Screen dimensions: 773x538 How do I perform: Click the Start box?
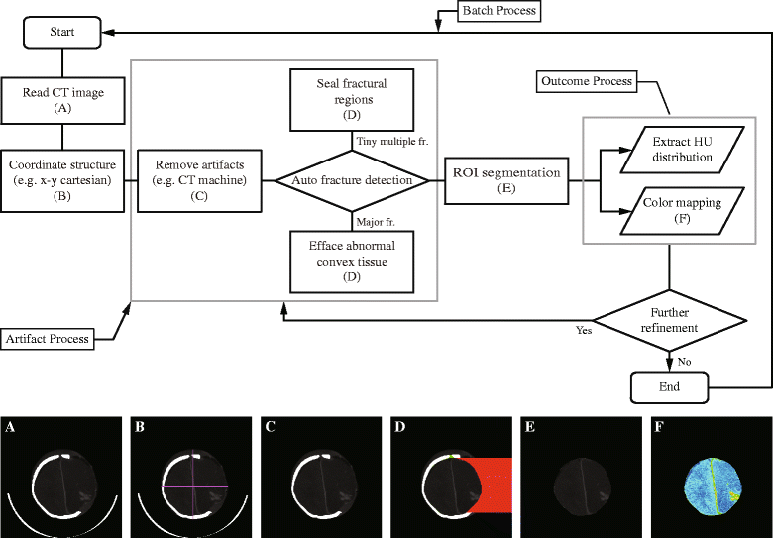(x=62, y=32)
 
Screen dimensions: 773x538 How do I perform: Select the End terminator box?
(x=669, y=387)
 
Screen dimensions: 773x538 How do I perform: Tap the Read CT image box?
(x=62, y=100)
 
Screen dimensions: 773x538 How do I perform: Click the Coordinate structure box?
(x=62, y=180)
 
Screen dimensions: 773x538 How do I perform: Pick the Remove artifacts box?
(x=199, y=180)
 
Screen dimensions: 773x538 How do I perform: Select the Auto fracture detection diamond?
(x=352, y=180)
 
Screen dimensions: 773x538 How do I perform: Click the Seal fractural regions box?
(x=352, y=99)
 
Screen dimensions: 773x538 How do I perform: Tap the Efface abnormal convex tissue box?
(x=352, y=262)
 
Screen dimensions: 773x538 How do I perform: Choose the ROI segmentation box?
(x=506, y=180)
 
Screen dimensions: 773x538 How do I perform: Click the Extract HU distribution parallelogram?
(x=682, y=150)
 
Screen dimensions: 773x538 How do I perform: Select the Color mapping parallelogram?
(x=682, y=210)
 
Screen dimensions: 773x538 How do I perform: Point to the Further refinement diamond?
(x=669, y=320)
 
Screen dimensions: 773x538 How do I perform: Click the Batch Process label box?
(x=498, y=11)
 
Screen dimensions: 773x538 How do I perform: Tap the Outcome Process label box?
(x=586, y=81)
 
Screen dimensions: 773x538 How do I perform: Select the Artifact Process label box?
(x=48, y=339)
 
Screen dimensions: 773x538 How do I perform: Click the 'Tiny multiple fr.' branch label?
(x=392, y=142)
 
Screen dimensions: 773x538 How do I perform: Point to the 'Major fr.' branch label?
(x=376, y=222)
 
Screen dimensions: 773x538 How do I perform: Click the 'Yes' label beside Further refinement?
(x=584, y=330)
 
